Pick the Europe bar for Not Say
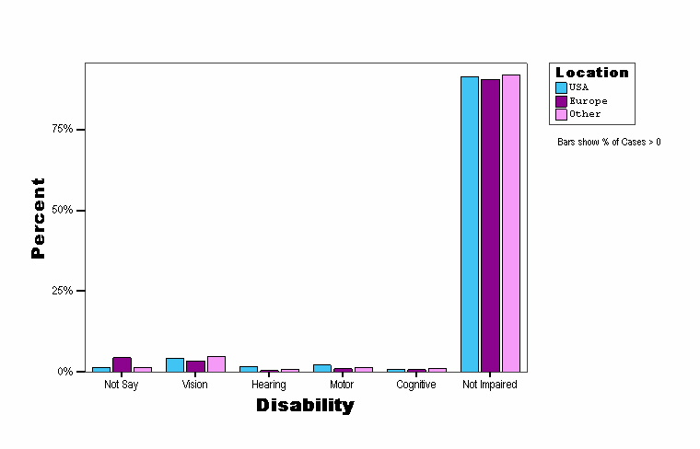coord(122,364)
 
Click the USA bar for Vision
coord(175,364)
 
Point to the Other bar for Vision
coord(216,363)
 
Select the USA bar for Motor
coord(322,368)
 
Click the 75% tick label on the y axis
coord(62,129)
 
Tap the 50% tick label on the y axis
coord(62,210)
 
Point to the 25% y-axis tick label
coord(62,291)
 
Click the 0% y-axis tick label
coord(64,372)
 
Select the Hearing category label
coord(268,385)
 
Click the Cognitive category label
coord(415,385)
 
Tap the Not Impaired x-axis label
coord(490,385)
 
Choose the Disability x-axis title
coord(305,405)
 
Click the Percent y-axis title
coord(38,218)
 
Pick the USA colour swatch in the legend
coord(561,87)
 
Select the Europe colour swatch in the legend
coord(561,101)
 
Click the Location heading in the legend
coord(592,73)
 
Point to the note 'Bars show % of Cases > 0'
coord(609,142)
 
